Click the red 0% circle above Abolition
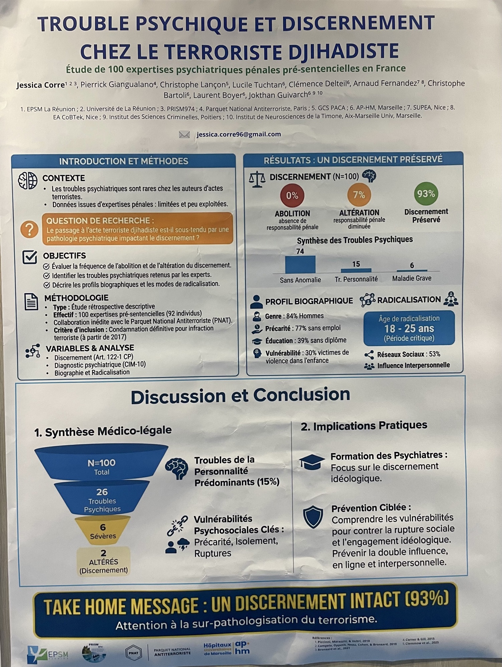point(292,195)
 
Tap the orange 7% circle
point(359,194)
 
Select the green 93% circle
point(426,193)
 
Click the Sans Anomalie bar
point(300,265)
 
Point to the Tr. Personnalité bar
point(356,270)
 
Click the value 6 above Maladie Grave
point(412,265)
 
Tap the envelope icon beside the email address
point(184,134)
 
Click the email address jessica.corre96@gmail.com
point(239,134)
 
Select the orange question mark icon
point(29,229)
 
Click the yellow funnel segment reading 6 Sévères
point(103,531)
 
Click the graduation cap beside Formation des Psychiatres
point(312,462)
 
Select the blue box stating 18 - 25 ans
point(409,328)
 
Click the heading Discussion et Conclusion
point(240,396)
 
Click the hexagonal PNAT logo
point(133,653)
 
